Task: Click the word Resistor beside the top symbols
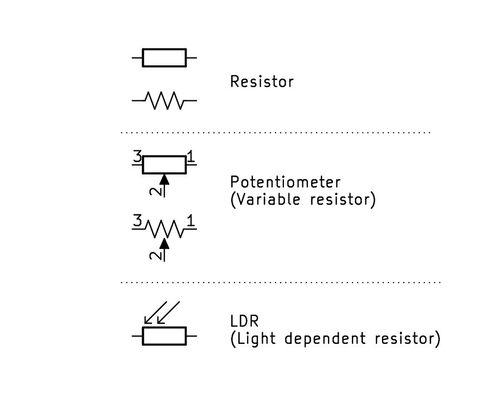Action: (x=262, y=82)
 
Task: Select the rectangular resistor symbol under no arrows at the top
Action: (x=164, y=57)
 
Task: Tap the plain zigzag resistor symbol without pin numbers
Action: (x=164, y=101)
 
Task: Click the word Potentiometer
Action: (x=285, y=183)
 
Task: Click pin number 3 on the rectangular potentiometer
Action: (x=137, y=157)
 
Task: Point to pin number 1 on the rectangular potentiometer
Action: (x=192, y=157)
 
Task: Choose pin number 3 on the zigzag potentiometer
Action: (x=137, y=221)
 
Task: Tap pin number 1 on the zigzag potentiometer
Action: (x=192, y=221)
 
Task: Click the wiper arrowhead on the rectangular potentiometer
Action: (x=164, y=179)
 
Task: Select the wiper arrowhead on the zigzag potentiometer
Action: (x=164, y=243)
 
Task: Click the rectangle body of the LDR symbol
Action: (x=164, y=337)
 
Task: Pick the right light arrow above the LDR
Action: (x=169, y=313)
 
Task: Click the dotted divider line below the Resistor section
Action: (x=276, y=133)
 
